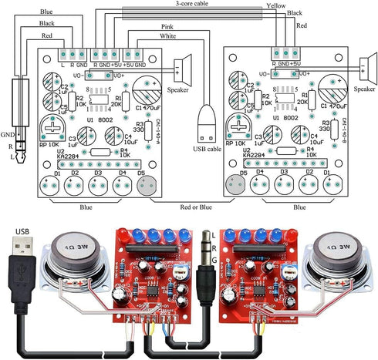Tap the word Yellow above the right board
pos(275,5)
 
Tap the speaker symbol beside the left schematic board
pos(183,70)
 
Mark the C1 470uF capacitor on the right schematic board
pos(333,84)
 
